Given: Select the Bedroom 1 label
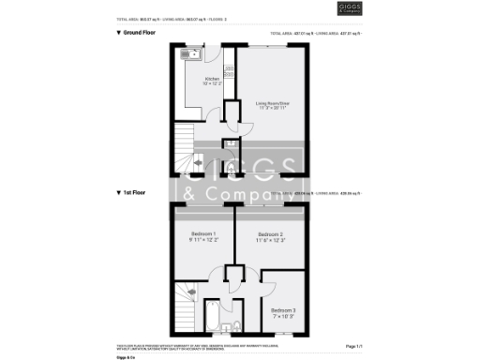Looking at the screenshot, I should pyautogui.click(x=203, y=233).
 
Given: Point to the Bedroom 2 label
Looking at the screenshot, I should pyautogui.click(x=271, y=233).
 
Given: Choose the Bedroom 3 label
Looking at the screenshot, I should pyautogui.click(x=283, y=309).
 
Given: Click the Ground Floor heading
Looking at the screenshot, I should pyautogui.click(x=136, y=33).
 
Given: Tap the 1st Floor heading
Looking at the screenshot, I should pyautogui.click(x=132, y=192).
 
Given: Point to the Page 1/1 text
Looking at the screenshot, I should pyautogui.click(x=353, y=347).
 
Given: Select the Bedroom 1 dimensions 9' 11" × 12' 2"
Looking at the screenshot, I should pyautogui.click(x=203, y=240).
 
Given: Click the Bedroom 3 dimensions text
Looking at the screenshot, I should pyautogui.click(x=283, y=316).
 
